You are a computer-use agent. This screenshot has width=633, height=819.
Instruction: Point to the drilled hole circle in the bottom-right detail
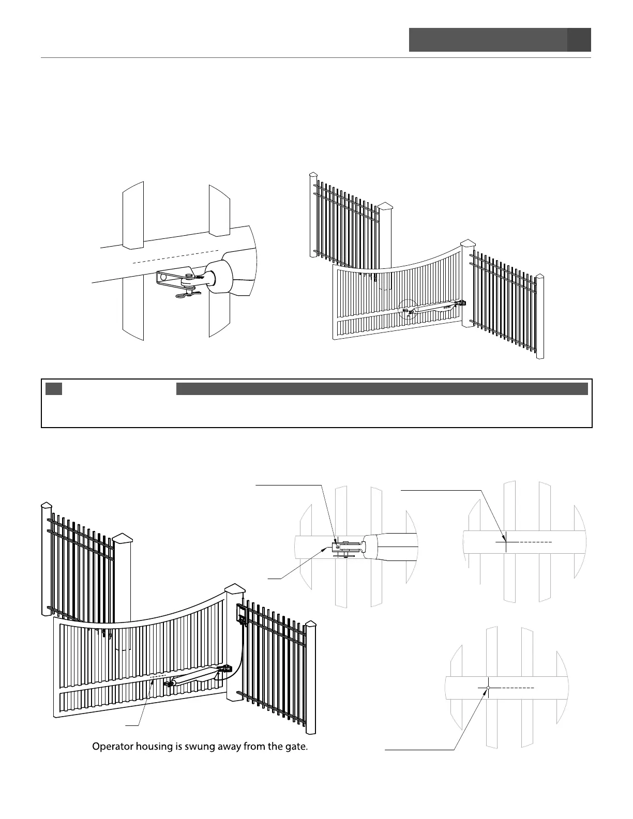(x=487, y=688)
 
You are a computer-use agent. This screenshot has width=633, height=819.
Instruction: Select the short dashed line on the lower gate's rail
(x=158, y=676)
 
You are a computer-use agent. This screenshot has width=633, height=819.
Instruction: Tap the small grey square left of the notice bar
(x=54, y=389)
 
